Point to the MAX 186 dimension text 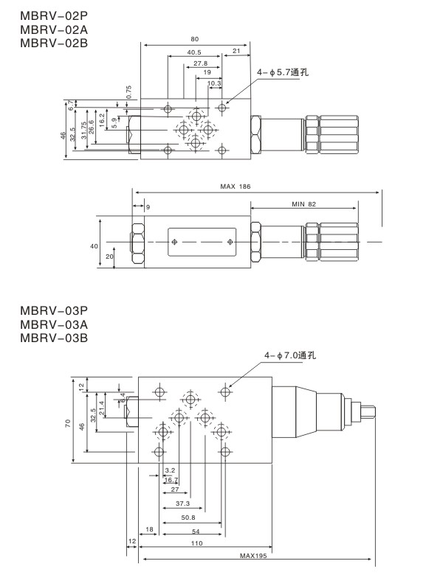click(236, 187)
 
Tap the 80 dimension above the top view click(194, 39)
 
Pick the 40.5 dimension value click(194, 52)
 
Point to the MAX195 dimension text click(254, 557)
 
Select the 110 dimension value click(196, 543)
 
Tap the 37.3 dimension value click(183, 504)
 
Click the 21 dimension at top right click(236, 51)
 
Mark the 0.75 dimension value click(129, 93)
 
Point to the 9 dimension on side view click(147, 207)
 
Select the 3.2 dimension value click(170, 470)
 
